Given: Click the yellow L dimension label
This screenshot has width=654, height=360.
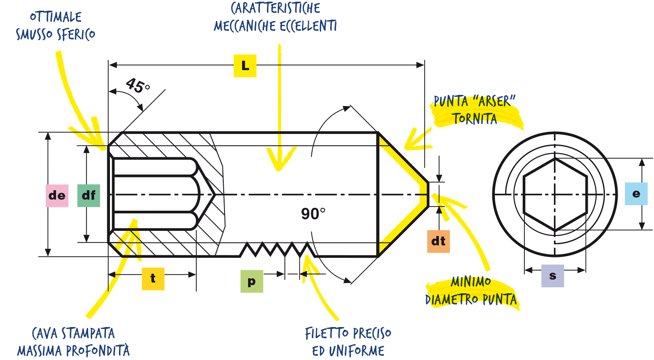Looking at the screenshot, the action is pos(245,66).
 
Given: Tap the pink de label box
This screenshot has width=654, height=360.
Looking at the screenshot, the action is pos(57,196).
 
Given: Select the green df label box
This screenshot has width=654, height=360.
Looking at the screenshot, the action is pos(89,195).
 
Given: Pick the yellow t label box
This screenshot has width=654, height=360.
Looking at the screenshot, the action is pos(153,279).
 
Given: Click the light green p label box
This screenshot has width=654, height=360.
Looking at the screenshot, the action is pos(252,281).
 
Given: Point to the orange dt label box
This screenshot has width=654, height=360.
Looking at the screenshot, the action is pos(438,241).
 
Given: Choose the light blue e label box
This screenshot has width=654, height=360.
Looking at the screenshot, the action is pos(636,194).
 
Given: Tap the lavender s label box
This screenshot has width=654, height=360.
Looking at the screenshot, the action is pos(553,276).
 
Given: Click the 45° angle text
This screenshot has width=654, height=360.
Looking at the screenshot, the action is pos(138,86).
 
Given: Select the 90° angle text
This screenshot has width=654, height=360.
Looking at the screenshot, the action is pos(313,213).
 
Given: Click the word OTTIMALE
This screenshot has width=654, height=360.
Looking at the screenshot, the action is pos(56,17).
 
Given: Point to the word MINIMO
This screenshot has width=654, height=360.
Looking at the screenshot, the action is pos(471,282).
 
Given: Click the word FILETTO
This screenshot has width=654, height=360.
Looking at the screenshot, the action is pos(327,333).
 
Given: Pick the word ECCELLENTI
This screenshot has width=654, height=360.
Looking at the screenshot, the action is pos(308,26).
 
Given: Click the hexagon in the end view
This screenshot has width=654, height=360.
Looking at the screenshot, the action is pos(555,195).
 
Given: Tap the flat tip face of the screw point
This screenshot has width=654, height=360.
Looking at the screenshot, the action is pos(428,194).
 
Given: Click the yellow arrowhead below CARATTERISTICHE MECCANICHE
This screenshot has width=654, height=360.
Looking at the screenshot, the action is pos(279,159).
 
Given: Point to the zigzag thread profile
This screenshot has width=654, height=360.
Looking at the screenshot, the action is pos(278,249).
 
